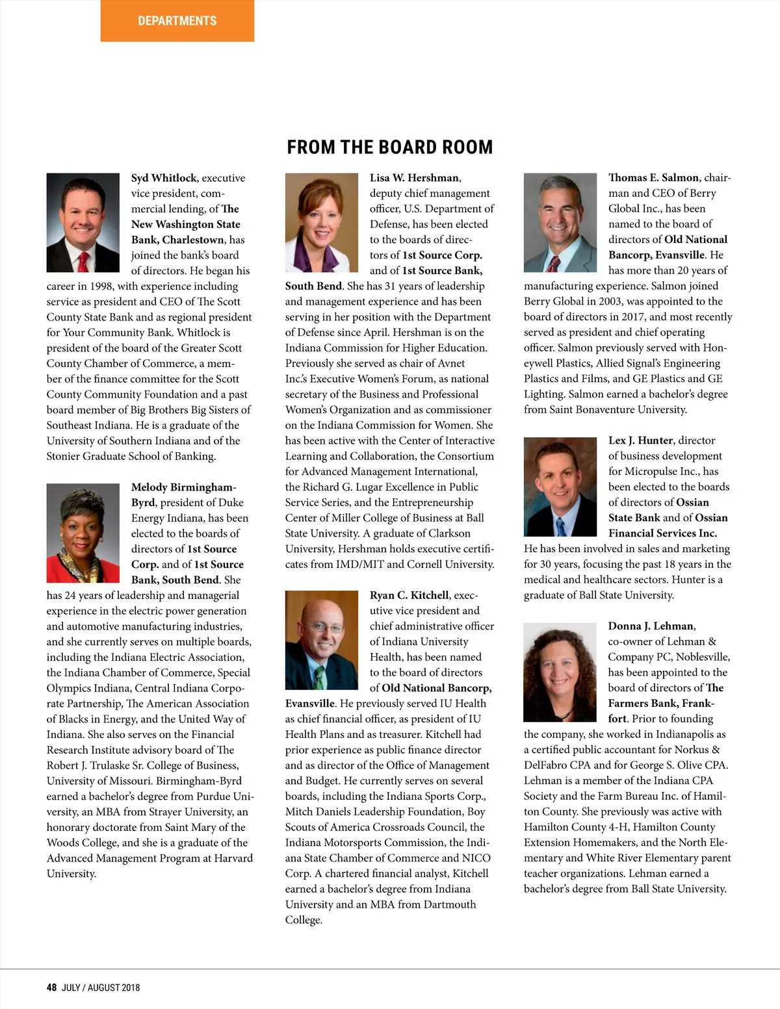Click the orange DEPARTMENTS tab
[177, 21]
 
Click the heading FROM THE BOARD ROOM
[390, 147]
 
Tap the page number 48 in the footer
[51, 988]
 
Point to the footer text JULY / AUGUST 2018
[101, 988]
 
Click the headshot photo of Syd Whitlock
[83, 222]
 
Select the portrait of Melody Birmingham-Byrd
[83, 533]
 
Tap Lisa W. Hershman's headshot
[322, 222]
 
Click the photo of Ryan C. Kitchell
[322, 640]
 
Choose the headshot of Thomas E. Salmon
[560, 222]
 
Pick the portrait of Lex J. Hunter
[560, 487]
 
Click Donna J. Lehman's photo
[560, 672]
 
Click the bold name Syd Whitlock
[164, 178]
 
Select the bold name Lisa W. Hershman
[415, 178]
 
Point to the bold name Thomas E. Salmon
[653, 177]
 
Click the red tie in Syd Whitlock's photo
[83, 262]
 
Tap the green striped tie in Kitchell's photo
[319, 678]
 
